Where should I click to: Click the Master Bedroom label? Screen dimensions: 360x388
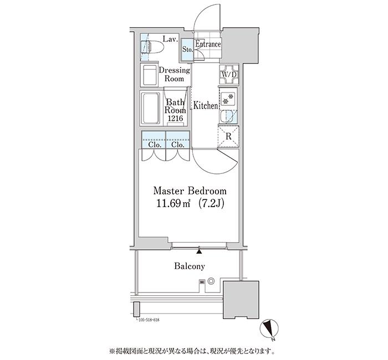[x=190, y=191]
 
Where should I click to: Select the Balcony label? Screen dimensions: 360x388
[x=189, y=266]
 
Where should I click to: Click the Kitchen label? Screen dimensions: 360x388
[x=205, y=105]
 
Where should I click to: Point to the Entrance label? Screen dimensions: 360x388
[x=208, y=44]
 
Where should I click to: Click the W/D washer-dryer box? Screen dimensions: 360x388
[x=229, y=75]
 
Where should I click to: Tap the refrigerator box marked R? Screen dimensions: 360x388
[x=228, y=136]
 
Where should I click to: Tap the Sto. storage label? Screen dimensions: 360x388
[x=187, y=49]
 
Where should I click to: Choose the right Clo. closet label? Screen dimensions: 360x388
[x=177, y=145]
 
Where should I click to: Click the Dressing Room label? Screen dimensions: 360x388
[x=174, y=74]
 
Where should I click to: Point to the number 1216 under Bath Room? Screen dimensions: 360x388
[x=175, y=119]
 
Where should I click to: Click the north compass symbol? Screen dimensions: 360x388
[x=269, y=328]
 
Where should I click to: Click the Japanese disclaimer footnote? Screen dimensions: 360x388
[x=194, y=351]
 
